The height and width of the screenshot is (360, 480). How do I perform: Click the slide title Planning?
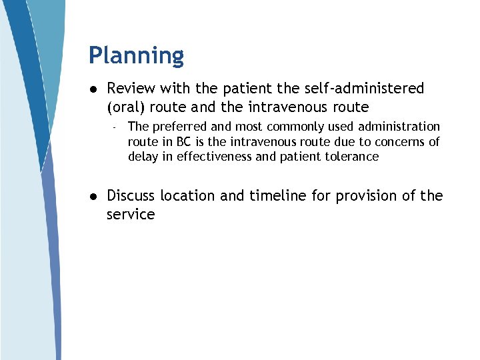tap(136, 56)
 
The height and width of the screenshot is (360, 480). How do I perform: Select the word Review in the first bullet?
tap(130, 89)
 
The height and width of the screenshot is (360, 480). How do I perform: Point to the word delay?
tap(143, 157)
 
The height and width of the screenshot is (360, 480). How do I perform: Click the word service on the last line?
tap(131, 215)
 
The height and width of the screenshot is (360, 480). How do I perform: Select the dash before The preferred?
tap(115, 127)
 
